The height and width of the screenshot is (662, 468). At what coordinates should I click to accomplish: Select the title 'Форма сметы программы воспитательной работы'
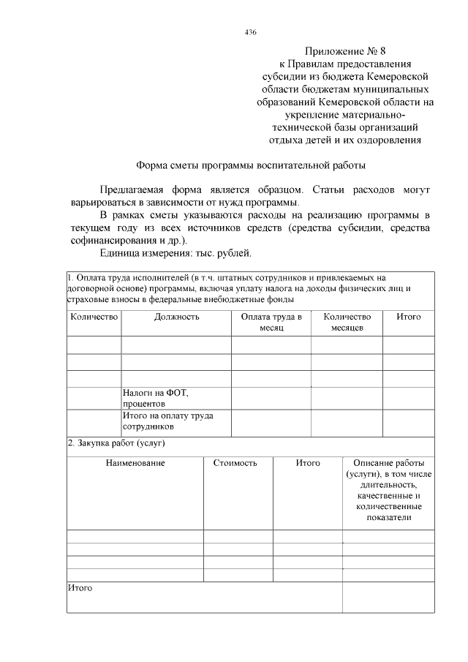pyautogui.click(x=252, y=166)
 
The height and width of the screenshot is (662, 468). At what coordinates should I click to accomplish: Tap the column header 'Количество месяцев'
pyautogui.click(x=347, y=323)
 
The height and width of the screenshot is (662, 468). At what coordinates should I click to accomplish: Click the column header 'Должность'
pyautogui.click(x=176, y=317)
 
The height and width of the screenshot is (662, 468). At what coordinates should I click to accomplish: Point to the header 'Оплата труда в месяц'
pyautogui.click(x=271, y=323)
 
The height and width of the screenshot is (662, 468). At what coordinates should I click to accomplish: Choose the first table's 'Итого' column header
pyautogui.click(x=408, y=317)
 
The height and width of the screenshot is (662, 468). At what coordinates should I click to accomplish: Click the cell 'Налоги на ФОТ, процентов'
pyautogui.click(x=155, y=398)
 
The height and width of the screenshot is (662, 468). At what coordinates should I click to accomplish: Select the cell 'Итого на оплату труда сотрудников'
pyautogui.click(x=167, y=421)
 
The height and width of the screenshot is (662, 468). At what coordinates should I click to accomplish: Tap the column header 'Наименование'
pyautogui.click(x=135, y=463)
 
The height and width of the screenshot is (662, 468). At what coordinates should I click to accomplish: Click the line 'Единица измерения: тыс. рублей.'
pyautogui.click(x=175, y=254)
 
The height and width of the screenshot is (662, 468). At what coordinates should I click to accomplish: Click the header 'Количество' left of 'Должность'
pyautogui.click(x=94, y=317)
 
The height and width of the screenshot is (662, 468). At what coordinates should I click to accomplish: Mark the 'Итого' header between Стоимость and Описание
pyautogui.click(x=308, y=463)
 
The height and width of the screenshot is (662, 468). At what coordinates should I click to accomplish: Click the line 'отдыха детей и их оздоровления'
pyautogui.click(x=344, y=140)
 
